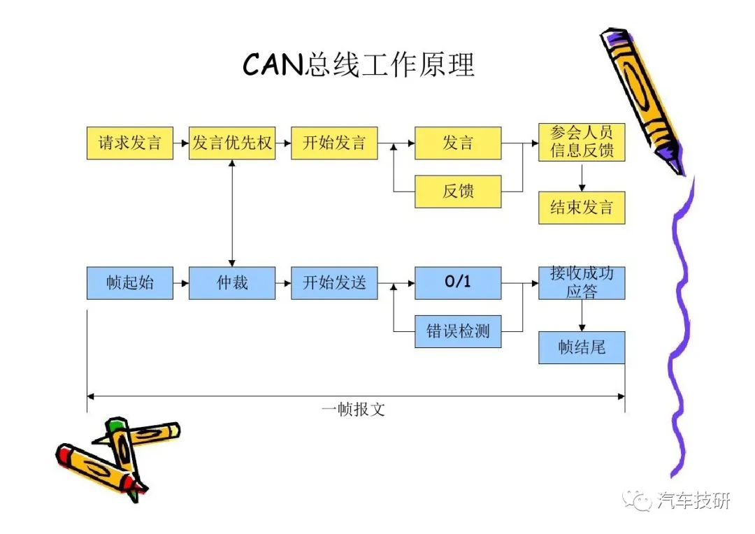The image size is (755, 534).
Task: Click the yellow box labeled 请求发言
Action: click(129, 143)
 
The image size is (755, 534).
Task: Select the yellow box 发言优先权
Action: click(232, 143)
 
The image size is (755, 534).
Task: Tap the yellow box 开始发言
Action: click(334, 143)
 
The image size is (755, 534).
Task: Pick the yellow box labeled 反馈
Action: click(458, 192)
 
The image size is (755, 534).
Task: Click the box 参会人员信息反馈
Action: click(582, 142)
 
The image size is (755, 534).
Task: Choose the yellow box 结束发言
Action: click(582, 208)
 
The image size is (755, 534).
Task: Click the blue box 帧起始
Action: click(129, 283)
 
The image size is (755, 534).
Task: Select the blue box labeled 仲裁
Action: click(232, 283)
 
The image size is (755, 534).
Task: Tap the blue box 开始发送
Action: click(334, 283)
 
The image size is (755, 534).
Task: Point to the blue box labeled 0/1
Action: click(458, 283)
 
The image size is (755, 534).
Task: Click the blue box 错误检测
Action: click(458, 331)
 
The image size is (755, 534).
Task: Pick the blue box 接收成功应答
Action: click(582, 283)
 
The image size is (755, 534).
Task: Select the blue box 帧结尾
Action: click(582, 347)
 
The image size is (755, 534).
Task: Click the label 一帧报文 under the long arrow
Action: click(354, 410)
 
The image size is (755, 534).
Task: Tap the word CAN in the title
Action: click(273, 64)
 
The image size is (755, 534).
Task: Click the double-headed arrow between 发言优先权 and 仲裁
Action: click(232, 213)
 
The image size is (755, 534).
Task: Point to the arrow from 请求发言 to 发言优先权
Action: click(181, 143)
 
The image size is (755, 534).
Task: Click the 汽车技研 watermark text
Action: click(693, 500)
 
